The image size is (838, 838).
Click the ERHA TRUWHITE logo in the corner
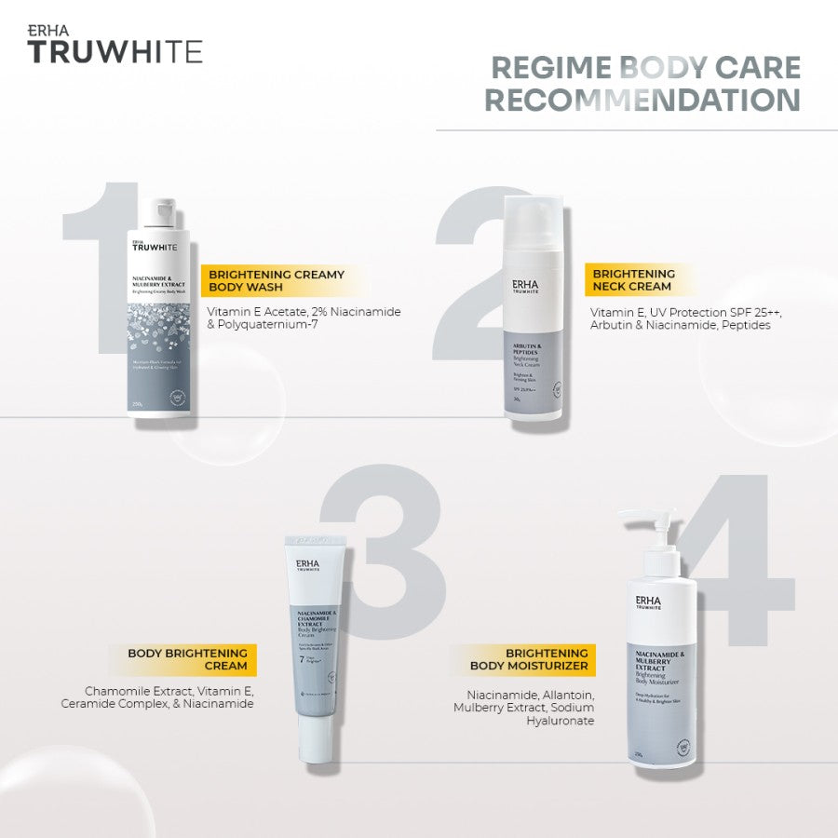[115, 45]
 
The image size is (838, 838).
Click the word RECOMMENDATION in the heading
[642, 100]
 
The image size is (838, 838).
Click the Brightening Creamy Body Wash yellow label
[277, 281]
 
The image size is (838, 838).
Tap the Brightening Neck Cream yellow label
[633, 280]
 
